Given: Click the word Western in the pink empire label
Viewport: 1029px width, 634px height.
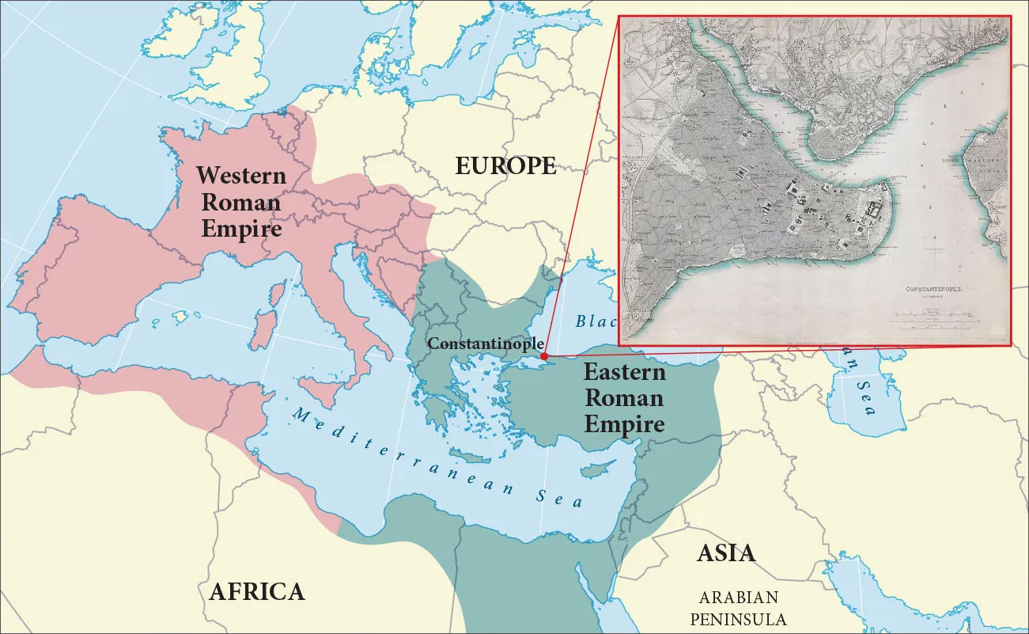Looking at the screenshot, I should [241, 175].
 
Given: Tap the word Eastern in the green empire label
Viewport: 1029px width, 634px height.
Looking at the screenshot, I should [624, 372].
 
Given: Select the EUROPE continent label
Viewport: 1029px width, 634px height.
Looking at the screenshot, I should [505, 166].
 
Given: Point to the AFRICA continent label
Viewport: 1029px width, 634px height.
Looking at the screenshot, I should [256, 591].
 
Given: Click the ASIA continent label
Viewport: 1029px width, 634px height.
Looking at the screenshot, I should [725, 553].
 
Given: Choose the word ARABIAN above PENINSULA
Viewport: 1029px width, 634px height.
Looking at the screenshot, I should [738, 598].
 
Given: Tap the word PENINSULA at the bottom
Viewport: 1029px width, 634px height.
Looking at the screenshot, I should [738, 618].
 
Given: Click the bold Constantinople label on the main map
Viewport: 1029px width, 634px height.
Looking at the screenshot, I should [485, 344].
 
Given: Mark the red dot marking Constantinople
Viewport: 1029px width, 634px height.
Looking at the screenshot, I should [544, 357].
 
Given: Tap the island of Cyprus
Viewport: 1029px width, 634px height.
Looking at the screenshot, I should [598, 470].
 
